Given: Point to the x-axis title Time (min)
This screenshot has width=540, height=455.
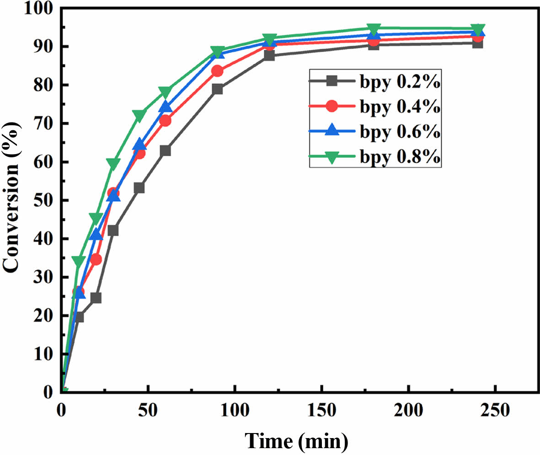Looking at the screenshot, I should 297,441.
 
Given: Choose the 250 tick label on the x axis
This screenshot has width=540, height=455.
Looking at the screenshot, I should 495,410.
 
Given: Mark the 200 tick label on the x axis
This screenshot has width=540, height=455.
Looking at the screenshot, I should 408,410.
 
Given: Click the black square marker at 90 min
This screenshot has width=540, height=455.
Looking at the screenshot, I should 217,89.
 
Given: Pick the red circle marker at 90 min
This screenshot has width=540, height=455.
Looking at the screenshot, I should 217,71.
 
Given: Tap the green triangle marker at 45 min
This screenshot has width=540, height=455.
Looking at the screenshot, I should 139,114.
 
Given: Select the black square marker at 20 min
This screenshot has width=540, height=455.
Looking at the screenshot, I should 96,298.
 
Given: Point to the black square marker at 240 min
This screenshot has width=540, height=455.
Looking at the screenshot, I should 477,43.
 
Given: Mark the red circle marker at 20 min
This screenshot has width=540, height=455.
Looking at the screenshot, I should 96,260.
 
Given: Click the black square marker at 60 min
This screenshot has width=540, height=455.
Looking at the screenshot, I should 166,150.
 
